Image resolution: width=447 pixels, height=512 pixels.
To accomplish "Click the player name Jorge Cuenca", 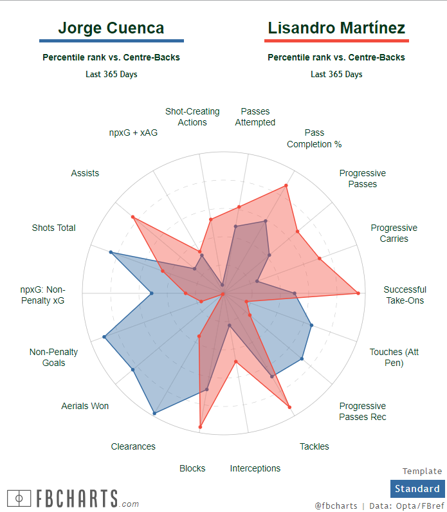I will pos(111,28).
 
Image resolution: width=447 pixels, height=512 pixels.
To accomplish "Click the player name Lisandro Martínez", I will pos(336,28).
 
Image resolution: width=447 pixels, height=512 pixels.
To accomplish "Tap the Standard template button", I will pos(417,488).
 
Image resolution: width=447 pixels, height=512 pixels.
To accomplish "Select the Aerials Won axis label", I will pos(85,406).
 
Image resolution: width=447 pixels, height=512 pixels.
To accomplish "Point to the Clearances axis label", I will pos(133,446).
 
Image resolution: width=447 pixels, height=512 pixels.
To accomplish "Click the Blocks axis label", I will pos(192,468).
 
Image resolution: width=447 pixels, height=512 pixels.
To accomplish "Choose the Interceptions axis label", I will pos(255,468).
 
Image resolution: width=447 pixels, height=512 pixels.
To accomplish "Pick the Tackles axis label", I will pos(314,446).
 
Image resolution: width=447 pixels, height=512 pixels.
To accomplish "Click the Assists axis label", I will pos(85,173).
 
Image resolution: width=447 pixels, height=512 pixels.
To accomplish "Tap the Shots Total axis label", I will pos(53,228).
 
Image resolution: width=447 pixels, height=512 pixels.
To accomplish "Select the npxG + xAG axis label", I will pos(133,133).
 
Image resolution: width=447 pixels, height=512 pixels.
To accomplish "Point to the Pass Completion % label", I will pos(314,138).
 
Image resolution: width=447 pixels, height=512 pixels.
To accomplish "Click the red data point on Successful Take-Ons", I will pos(358,293).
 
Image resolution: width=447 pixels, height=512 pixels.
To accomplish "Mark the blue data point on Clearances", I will pos(154,414).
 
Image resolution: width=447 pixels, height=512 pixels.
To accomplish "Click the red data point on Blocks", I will pos(200,427).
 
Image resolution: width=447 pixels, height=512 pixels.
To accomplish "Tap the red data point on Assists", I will pos(132,217).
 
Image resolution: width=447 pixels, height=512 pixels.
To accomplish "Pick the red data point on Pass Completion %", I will pos(286,186).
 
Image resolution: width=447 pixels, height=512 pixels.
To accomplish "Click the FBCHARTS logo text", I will pos(77,498).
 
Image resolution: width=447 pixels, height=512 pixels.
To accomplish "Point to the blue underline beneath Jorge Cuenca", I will pos(111,41).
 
